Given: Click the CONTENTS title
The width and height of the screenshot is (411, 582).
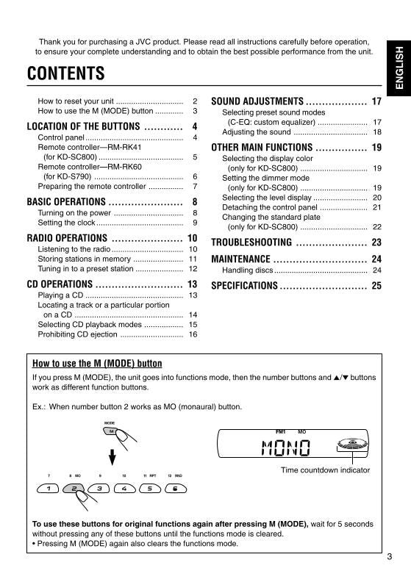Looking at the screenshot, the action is pos(65,74).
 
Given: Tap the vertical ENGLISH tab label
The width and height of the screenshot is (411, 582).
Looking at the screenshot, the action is pos(398,68).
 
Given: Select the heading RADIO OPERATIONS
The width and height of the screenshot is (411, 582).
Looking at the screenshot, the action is pos(67,238).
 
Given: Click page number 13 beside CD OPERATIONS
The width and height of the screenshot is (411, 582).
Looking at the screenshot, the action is pos(193,284).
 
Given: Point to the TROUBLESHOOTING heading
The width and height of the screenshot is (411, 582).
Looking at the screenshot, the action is pos(251,242).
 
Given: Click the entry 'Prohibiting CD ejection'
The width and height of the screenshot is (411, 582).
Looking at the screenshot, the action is pos(77,334).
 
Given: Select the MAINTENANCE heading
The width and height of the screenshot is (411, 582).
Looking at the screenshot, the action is pos(240,259).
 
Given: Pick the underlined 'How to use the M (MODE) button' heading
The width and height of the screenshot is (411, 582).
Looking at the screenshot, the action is pos(97,364).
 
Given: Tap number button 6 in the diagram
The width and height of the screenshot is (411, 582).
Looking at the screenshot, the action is pos(175,488).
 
